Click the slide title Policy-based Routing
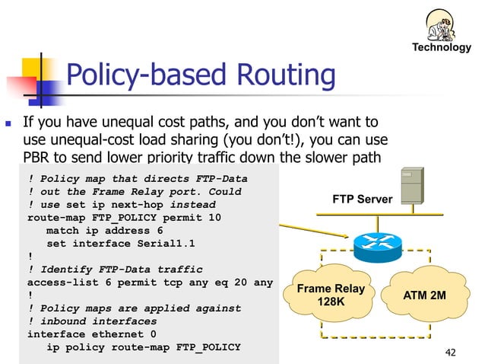(201, 75)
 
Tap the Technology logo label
(441, 47)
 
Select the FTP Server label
(363, 200)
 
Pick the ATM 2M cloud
(424, 295)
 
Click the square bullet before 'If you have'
(8, 123)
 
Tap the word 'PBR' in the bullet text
(39, 158)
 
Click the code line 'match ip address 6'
(105, 230)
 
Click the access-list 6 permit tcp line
(150, 283)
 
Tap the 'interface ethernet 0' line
(92, 334)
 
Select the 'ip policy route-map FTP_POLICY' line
(144, 347)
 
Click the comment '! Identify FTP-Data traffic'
(115, 270)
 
